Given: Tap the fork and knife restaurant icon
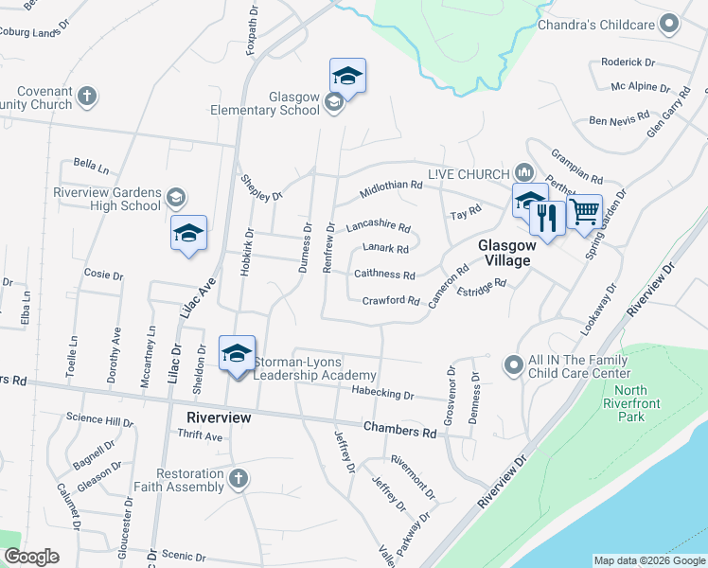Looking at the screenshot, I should pyautogui.click(x=546, y=219).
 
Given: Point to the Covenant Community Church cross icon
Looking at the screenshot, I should pyautogui.click(x=86, y=96).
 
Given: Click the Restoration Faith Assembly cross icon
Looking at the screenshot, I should pyautogui.click(x=239, y=479).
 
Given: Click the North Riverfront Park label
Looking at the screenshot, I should pyautogui.click(x=630, y=403).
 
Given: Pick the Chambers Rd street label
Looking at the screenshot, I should pyautogui.click(x=402, y=430).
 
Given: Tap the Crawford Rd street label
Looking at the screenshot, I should pyautogui.click(x=390, y=301).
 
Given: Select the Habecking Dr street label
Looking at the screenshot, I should pyautogui.click(x=382, y=394).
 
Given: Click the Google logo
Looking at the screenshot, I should pyautogui.click(x=31, y=558).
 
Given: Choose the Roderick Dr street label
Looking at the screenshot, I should pyautogui.click(x=628, y=62).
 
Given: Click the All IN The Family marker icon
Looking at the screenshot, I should pyautogui.click(x=513, y=364).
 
